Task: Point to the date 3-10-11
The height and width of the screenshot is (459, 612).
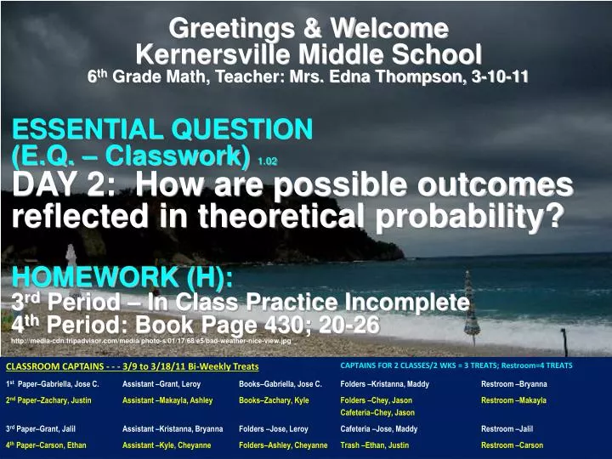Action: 500,77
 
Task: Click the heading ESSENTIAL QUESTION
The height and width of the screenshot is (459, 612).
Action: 162,129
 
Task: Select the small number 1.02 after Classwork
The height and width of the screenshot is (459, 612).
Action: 267,160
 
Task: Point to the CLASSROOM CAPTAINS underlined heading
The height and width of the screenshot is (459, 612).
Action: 132,366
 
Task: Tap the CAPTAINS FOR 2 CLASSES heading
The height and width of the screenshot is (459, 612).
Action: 456,365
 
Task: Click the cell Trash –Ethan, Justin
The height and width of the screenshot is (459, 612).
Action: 374,445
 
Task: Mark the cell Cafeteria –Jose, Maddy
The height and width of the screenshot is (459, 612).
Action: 378,429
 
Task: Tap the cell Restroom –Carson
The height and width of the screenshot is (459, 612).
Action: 512,445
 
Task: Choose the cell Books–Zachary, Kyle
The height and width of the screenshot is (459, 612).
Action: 274,400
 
